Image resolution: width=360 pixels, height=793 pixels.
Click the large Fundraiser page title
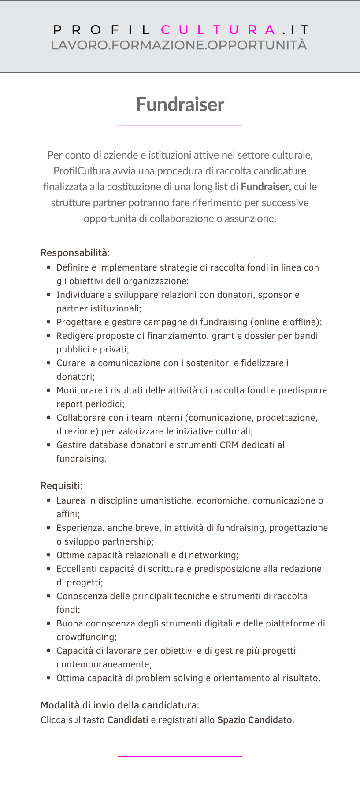pos(180,104)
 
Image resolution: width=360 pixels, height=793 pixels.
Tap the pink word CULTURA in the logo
pos(218,30)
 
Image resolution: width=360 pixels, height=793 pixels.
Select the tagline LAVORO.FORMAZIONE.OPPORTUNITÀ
pos(178,45)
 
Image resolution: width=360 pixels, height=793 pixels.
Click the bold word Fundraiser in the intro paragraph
pos(264,187)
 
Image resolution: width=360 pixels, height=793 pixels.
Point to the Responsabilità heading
pos(74,253)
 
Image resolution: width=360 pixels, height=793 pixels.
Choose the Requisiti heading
pos(60,486)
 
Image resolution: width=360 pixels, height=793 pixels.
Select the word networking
pos(214,555)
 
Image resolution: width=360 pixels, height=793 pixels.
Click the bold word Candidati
pos(128,720)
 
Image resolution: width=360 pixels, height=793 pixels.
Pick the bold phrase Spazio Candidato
pos(255,720)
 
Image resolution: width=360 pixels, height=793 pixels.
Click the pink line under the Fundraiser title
pos(179,126)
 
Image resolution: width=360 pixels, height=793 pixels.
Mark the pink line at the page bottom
pos(180,756)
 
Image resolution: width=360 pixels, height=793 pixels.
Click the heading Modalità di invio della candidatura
pos(120,705)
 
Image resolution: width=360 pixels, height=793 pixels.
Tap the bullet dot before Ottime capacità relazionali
pos(48,555)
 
